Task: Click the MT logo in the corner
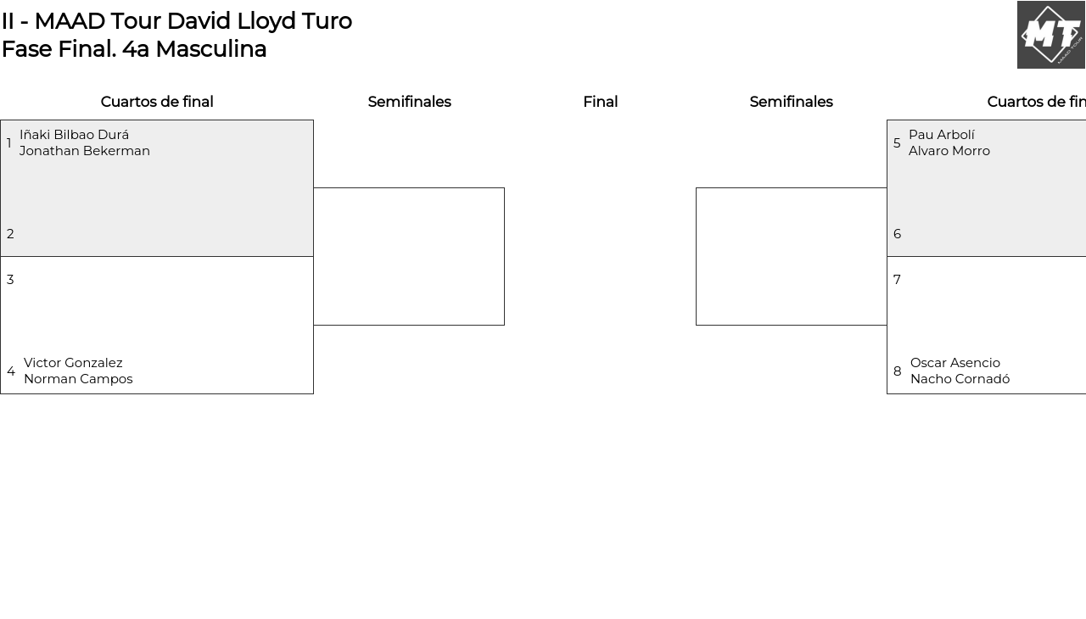pos(1051,35)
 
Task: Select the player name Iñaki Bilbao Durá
pos(74,135)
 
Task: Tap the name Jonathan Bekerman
pos(84,151)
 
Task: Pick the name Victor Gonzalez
pos(73,363)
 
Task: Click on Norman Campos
pos(78,379)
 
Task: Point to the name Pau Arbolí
pos(942,135)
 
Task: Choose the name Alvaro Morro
pos(949,151)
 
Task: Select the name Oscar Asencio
pos(955,363)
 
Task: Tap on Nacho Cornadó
pos(960,379)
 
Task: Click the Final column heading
pos(600,102)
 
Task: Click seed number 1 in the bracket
pos(8,143)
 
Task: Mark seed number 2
pos(10,234)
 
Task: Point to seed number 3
pos(10,280)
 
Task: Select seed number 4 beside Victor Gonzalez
pos(11,371)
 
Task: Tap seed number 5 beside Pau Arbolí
pos(897,143)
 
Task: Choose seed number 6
pos(898,234)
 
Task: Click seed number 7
pos(897,280)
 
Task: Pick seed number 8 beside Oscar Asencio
pos(898,371)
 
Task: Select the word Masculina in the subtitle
pos(211,49)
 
